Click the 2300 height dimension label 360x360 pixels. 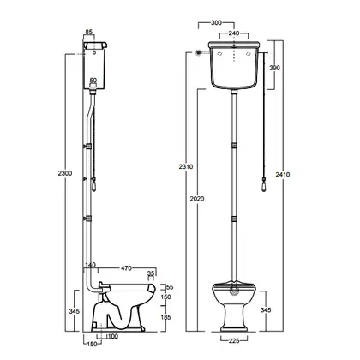65,173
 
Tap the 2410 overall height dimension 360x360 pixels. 283,174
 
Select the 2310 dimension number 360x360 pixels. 186,166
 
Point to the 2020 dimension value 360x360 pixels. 197,199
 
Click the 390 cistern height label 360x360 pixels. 275,68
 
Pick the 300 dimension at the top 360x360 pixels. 216,22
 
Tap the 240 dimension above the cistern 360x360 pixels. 234,33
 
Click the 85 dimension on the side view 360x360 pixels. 89,32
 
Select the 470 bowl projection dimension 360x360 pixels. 126,268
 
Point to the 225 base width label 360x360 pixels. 234,340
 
